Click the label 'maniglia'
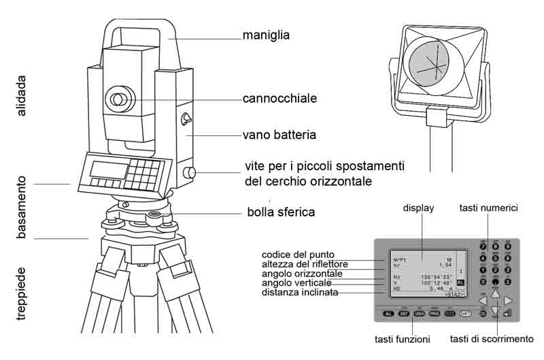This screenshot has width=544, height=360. (267, 33)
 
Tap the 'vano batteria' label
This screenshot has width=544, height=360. (279, 135)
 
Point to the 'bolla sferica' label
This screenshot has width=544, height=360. (281, 212)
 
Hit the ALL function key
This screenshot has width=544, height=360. (388, 314)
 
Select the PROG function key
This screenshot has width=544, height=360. (435, 314)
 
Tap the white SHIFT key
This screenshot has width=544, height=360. (465, 314)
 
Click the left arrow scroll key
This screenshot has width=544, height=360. (481, 299)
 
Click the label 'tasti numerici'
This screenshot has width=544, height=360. (488, 207)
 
